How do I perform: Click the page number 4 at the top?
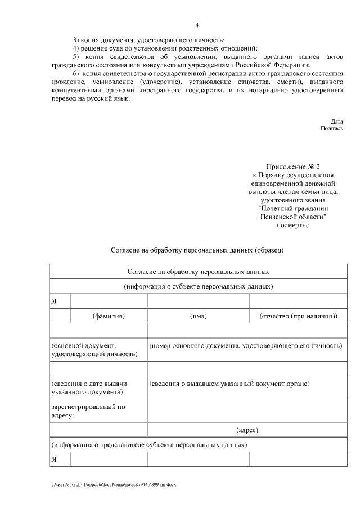click(197, 25)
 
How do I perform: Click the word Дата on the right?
click(337, 121)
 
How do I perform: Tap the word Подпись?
click(331, 128)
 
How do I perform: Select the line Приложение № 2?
click(293, 167)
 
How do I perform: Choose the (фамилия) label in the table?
click(109, 316)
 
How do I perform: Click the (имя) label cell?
click(199, 316)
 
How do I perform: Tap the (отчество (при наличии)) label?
click(298, 316)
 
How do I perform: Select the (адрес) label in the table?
click(247, 430)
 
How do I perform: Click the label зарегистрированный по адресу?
click(88, 411)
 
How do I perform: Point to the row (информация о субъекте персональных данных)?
click(199, 286)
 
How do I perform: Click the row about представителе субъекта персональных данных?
click(149, 445)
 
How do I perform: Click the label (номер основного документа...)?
click(245, 344)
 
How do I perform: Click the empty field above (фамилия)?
click(109, 301)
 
